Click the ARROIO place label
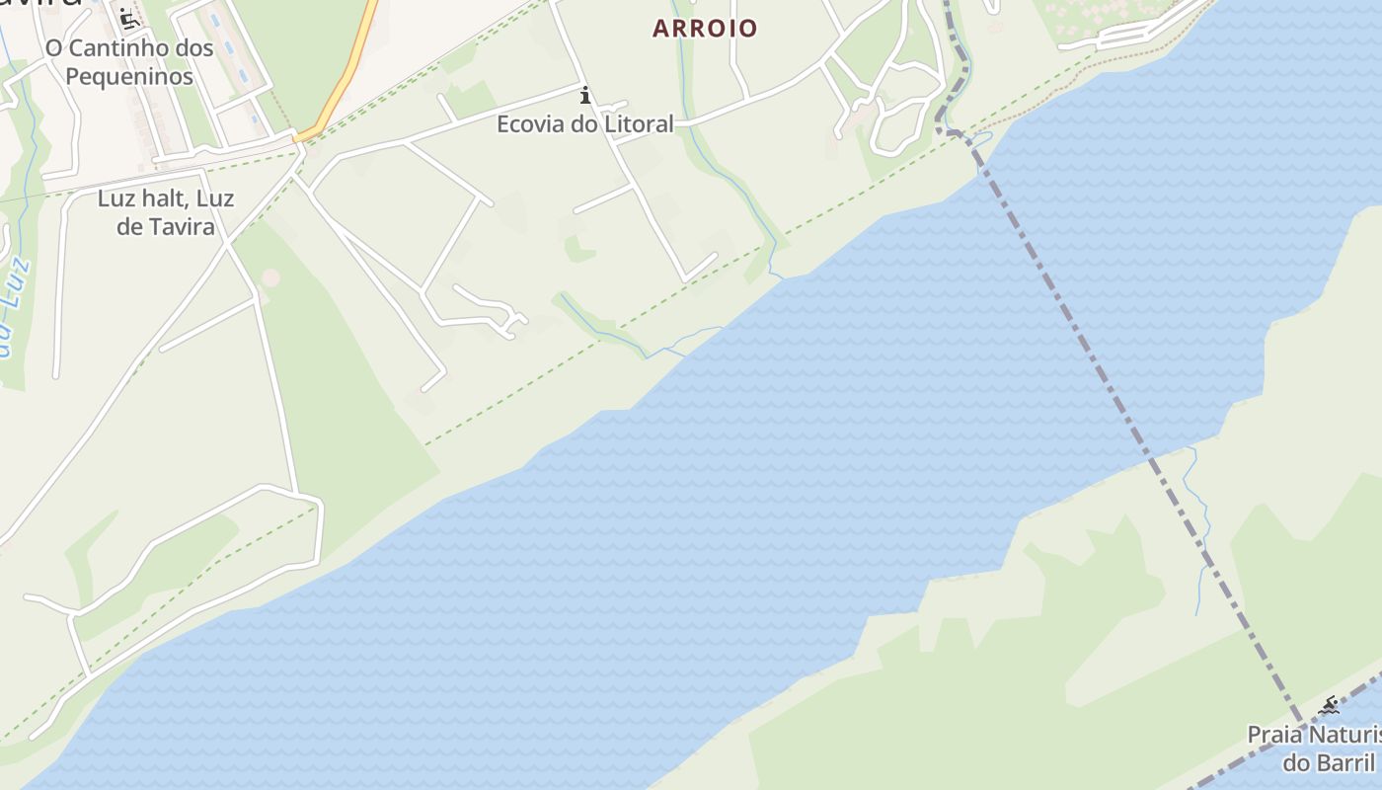705,28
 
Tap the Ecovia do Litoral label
584,123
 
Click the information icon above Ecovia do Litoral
585,95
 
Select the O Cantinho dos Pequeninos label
129,61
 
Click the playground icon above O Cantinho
127,18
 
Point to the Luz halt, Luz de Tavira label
166,211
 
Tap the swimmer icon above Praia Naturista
1329,705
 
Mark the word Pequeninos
129,76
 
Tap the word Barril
1343,762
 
